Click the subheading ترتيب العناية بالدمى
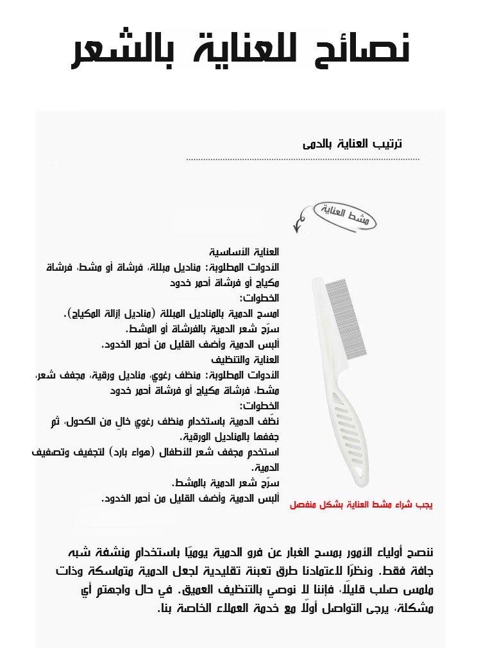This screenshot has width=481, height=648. (352, 144)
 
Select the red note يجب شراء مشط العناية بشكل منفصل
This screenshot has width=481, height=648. (361, 505)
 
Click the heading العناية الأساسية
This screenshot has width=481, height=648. (244, 251)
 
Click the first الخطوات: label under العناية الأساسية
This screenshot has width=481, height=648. (259, 298)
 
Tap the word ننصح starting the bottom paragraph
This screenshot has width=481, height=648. (419, 552)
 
